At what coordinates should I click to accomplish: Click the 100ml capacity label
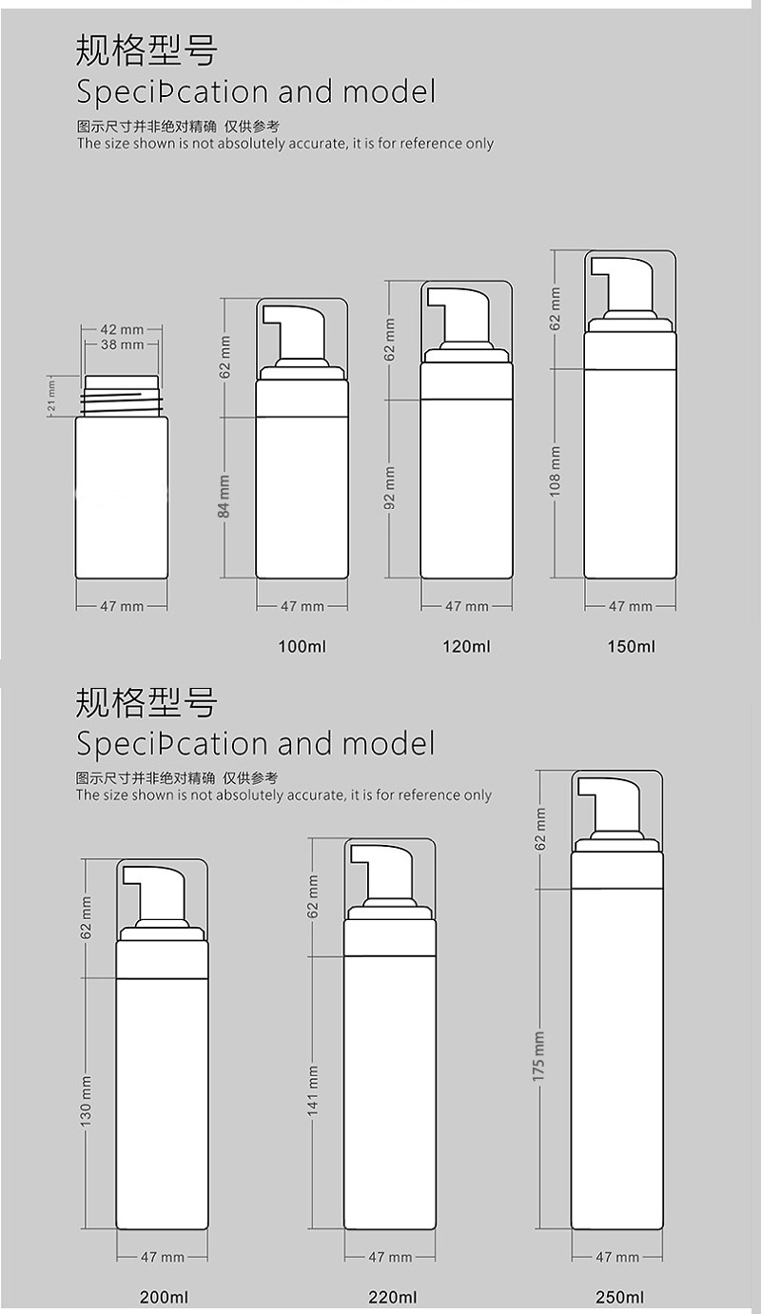(x=302, y=647)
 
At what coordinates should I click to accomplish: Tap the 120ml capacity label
(x=466, y=647)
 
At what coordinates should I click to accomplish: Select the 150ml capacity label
(x=632, y=647)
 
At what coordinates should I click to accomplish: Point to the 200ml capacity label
(x=165, y=1297)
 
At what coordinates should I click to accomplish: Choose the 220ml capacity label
(x=393, y=1297)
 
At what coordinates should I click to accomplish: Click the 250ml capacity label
(x=620, y=1297)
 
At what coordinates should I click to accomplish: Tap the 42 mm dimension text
(x=122, y=329)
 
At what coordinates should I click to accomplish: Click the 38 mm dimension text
(x=122, y=344)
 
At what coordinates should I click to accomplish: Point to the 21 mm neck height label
(x=53, y=394)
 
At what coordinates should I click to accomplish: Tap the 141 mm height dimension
(x=314, y=1089)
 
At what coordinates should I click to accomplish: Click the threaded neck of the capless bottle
(x=122, y=395)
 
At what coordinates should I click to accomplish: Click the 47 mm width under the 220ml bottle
(x=390, y=1257)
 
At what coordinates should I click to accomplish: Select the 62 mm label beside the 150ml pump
(x=556, y=308)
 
